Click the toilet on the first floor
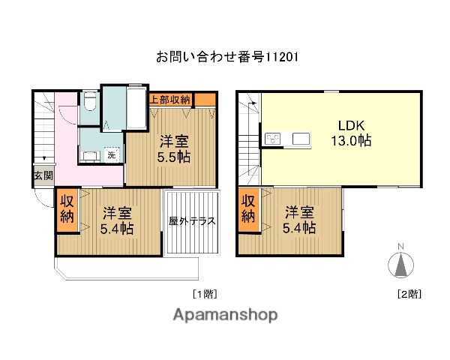88,100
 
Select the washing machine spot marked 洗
111,154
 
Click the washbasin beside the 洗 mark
89,154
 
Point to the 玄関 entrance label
42,176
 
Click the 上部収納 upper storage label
170,99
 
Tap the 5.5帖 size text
173,157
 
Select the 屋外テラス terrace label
192,221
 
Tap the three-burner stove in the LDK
272,139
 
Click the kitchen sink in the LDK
301,139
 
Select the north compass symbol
400,265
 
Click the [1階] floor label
205,294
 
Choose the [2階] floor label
408,294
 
